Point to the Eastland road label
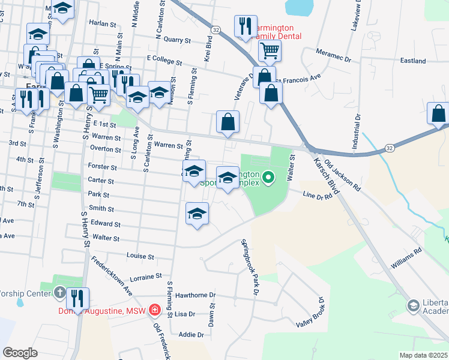point(413,61)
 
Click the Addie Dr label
point(187,334)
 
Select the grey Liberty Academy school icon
point(414,306)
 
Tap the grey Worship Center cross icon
point(59,293)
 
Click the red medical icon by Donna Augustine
point(155,310)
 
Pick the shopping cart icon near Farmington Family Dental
point(270,50)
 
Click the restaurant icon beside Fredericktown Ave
point(78,298)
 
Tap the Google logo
point(20,353)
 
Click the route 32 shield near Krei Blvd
point(215,29)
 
